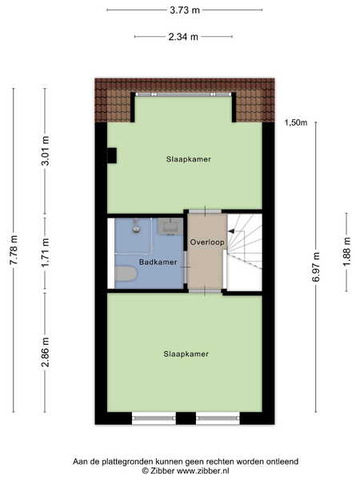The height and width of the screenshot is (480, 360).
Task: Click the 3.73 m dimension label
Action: [185, 10]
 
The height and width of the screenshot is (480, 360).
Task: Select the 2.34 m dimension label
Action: [183, 37]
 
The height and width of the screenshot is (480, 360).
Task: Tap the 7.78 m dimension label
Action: [14, 250]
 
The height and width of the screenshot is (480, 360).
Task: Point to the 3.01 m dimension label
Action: [45, 150]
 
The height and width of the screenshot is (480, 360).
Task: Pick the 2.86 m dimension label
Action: [45, 352]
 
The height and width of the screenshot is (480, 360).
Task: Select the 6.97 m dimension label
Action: [316, 266]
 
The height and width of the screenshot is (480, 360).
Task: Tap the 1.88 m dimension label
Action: [347, 252]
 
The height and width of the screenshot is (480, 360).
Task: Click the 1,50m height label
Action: [296, 122]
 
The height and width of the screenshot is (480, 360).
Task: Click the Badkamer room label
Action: [158, 262]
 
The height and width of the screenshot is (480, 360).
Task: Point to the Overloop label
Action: [207, 242]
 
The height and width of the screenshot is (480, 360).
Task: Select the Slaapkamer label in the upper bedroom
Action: [189, 159]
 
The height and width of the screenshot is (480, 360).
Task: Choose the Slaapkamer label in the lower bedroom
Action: [186, 354]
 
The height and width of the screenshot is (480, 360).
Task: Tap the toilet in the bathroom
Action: [126, 274]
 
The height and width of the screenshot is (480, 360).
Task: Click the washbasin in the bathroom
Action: [170, 226]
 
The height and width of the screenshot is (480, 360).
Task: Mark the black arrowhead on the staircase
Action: [231, 231]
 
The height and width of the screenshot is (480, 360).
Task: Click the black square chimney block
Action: [111, 155]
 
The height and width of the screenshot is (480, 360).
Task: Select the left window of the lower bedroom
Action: [154, 418]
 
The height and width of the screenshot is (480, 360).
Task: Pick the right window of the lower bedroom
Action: [218, 418]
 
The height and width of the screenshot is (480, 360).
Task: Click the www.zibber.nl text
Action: [202, 471]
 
